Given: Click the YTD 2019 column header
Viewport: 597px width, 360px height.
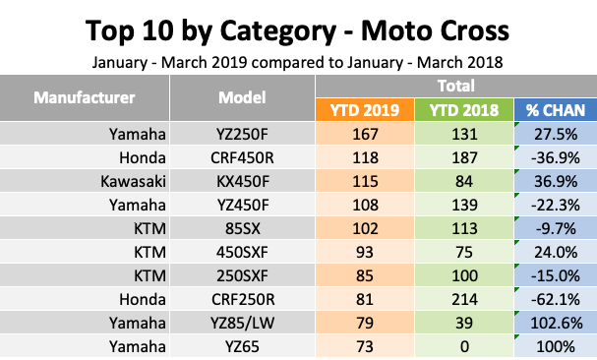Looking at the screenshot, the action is coord(365,110).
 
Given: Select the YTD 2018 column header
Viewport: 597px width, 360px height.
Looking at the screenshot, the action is coord(464,110).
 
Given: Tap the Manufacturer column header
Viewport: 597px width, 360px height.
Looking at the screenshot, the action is coord(85,97).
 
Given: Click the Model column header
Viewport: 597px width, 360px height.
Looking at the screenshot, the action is coord(242,97).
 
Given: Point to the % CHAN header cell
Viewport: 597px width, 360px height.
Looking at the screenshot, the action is coord(556,110).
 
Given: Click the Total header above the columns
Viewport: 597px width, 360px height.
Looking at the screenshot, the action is coord(456,86).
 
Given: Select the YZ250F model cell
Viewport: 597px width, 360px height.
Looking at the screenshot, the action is coord(242,134).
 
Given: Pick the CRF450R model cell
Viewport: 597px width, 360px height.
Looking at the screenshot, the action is coord(242,157).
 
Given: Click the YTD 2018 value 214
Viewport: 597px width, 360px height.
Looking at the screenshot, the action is coord(464,299).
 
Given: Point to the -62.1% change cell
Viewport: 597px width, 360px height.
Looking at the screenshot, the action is coord(556,299).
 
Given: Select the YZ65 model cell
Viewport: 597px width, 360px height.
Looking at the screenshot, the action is coord(242,346).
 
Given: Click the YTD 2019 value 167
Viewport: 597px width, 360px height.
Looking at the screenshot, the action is coord(365,134).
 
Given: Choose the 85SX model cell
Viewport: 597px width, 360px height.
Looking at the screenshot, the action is coord(242,228).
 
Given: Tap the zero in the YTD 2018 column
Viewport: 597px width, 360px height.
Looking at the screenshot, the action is coord(464,346).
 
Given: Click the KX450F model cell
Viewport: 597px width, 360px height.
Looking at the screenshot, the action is coord(242,181).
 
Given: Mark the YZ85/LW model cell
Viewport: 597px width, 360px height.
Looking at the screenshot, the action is coord(242,323).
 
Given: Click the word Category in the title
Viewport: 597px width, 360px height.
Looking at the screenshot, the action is coord(278,31).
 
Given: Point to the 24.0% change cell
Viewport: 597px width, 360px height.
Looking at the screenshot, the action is coord(556,252).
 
